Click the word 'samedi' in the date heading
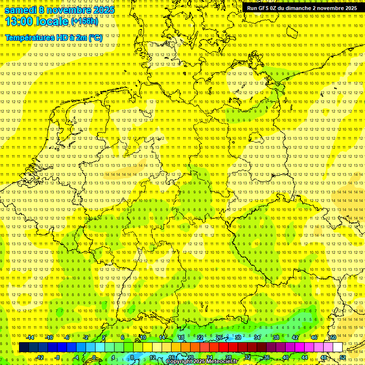point(20,10)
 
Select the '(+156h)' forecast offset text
point(85,21)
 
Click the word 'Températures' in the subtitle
point(27,38)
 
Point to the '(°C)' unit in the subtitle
point(95,38)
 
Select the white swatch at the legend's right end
point(337,347)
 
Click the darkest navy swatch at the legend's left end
point(24,347)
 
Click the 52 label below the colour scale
point(343,357)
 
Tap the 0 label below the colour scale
point(94,357)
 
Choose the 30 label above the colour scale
point(238,337)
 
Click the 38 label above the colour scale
point(276,337)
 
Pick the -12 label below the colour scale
point(39,357)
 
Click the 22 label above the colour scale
point(200,337)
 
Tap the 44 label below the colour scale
point(305,357)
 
